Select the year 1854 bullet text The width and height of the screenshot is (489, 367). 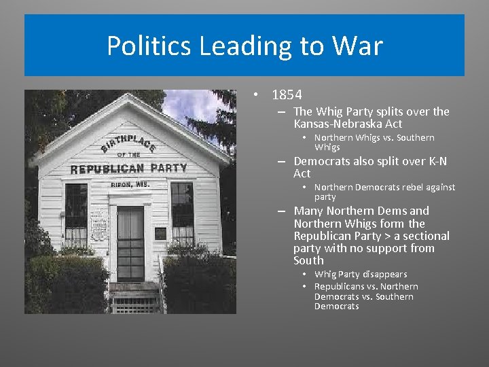click(x=287, y=95)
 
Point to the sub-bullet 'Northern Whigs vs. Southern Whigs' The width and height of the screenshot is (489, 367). click(x=374, y=142)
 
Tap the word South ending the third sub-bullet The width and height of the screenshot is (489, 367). click(x=308, y=260)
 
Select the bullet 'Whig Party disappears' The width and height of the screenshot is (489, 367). click(x=361, y=274)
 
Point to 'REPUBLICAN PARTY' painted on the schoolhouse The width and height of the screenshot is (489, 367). click(x=128, y=168)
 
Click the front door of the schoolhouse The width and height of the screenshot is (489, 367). click(x=130, y=243)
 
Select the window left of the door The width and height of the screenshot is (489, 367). click(x=76, y=214)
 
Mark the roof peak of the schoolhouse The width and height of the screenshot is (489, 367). click(x=130, y=97)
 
